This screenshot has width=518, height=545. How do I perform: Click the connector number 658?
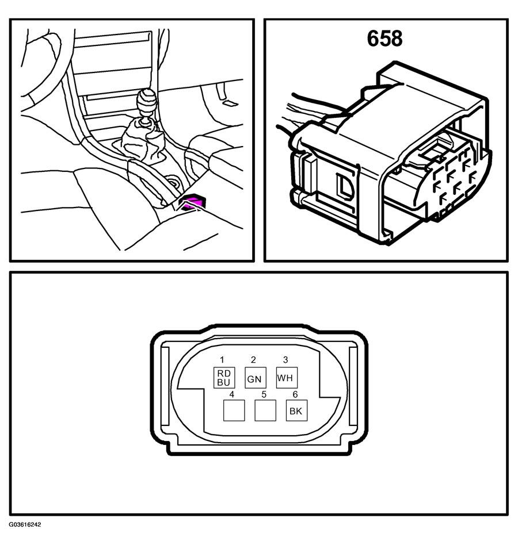tap(384, 39)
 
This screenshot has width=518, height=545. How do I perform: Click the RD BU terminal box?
tap(224, 378)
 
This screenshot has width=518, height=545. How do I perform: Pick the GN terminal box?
tap(256, 378)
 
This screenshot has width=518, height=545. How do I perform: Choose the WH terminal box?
tap(287, 378)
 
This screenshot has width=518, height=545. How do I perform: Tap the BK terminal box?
tap(296, 410)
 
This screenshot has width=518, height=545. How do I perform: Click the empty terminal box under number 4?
tap(234, 410)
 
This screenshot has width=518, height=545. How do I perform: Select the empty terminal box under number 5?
tap(265, 410)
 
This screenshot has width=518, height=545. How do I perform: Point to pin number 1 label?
tap(222, 360)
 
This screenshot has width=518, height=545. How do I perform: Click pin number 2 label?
tap(253, 360)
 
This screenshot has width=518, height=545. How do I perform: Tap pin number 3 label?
tap(285, 360)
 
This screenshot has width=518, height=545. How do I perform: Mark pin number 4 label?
tap(232, 394)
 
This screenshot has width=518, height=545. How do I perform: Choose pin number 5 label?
tap(264, 394)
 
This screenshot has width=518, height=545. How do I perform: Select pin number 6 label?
tap(295, 394)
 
